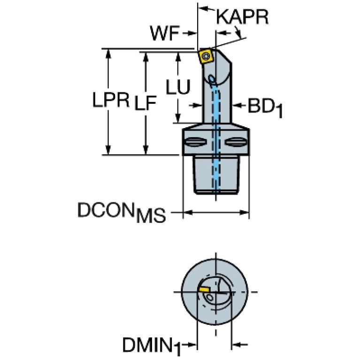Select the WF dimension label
point(165,33)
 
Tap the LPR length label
point(110,100)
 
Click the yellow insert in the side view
point(206,57)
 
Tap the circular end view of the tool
point(216,291)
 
